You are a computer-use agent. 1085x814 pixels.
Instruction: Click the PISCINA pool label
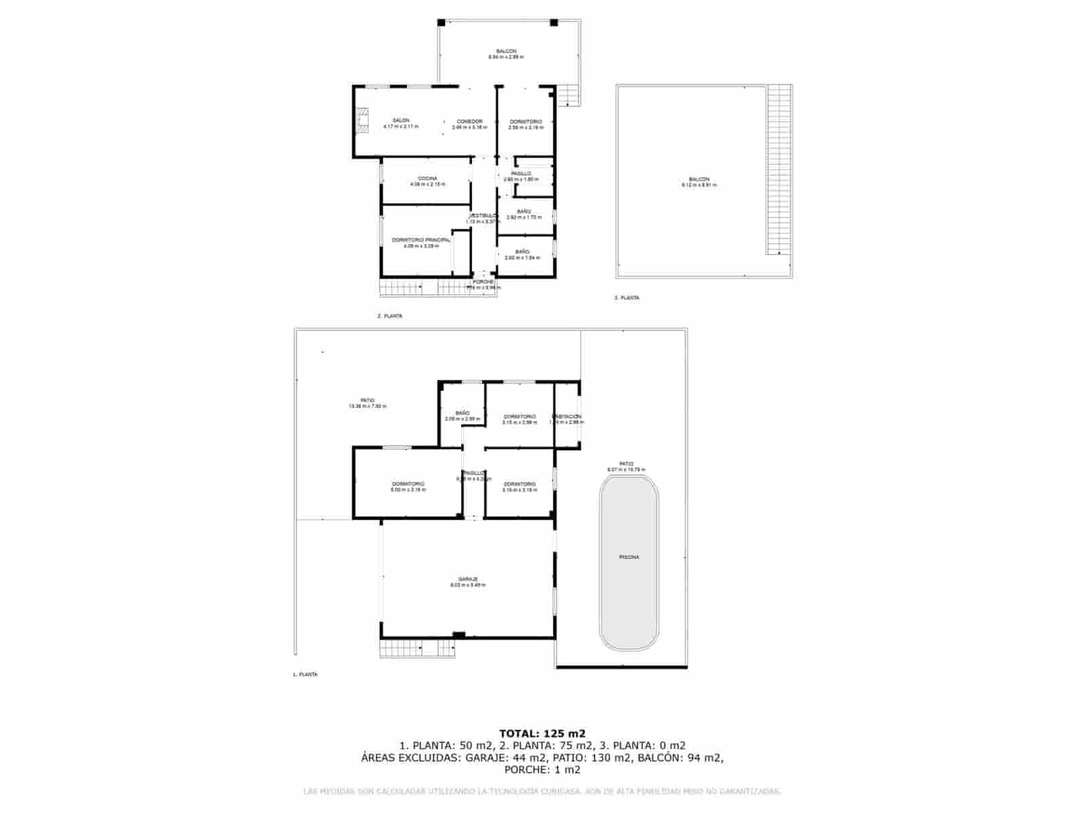[x=629, y=557]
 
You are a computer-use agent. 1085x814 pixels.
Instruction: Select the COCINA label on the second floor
[x=427, y=178]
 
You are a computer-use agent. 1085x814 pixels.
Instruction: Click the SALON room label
[x=401, y=121]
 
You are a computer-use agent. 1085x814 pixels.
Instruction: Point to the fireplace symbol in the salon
[x=363, y=120]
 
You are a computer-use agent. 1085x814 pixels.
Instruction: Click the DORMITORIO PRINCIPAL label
[x=420, y=240]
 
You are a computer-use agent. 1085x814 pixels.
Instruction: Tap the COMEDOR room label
[x=469, y=121]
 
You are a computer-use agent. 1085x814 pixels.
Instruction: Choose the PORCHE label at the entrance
[x=483, y=282]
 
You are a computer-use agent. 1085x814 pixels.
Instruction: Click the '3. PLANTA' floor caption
[x=626, y=298]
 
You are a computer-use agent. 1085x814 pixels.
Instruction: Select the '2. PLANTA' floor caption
[x=389, y=316]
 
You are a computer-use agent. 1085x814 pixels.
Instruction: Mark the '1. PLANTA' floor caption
[x=304, y=675]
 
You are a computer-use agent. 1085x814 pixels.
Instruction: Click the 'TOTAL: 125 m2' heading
[x=542, y=733]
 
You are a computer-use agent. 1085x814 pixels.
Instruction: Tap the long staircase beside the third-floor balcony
[x=779, y=170]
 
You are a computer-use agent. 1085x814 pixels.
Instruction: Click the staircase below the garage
[x=417, y=648]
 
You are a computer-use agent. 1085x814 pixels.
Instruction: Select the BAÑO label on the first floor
[x=462, y=413]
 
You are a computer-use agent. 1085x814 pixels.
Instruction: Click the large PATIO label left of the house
[x=368, y=400]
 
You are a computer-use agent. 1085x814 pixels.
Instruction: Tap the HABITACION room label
[x=567, y=416]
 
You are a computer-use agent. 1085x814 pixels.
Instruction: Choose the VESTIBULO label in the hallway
[x=484, y=216]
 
